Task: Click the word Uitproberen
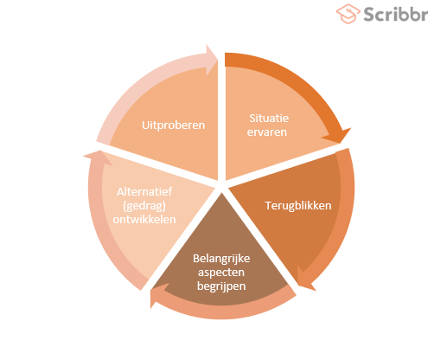[174, 125]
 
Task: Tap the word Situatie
[269, 119]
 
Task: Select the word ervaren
[267, 132]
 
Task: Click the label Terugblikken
[298, 206]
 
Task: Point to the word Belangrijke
[221, 259]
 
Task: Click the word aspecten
[221, 273]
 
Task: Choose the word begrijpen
[221, 286]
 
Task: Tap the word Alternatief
[144, 191]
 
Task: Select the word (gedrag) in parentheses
[144, 206]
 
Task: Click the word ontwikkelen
[144, 220]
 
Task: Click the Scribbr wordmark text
[395, 14]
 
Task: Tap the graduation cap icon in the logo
[348, 14]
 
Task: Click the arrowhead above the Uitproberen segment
[212, 60]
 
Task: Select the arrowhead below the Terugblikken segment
[305, 280]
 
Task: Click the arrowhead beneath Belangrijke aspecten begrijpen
[158, 295]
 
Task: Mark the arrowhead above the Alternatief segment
[98, 157]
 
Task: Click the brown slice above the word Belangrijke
[221, 228]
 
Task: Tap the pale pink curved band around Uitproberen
[144, 84]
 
